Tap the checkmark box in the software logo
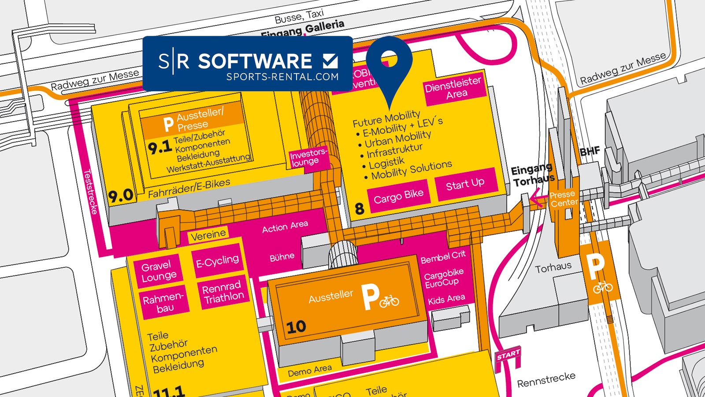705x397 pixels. point(330,61)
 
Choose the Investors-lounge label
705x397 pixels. point(308,158)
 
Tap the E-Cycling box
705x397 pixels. point(217,262)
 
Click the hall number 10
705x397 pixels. point(296,327)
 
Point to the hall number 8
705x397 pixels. point(360,208)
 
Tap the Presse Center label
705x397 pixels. point(563,199)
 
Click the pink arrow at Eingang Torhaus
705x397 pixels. point(537,198)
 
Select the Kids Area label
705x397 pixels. point(446,299)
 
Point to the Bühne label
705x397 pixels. point(282,256)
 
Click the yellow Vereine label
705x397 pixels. point(208,235)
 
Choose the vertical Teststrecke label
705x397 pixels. point(90,192)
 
